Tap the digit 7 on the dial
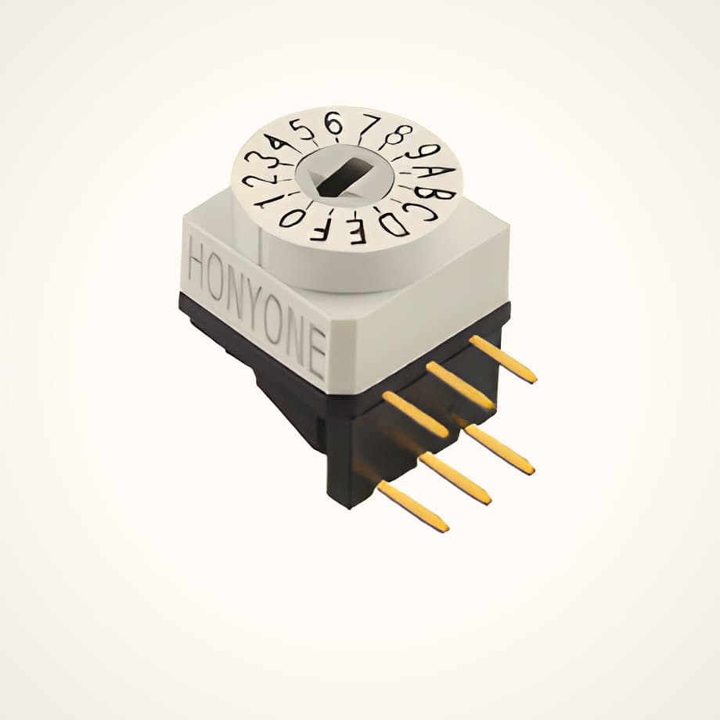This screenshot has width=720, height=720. pos(367,124)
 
